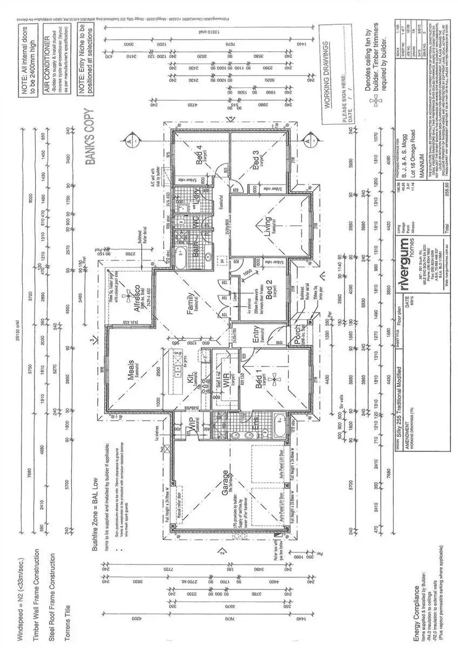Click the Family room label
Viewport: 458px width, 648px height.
pyautogui.click(x=191, y=303)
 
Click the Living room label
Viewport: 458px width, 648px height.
pyautogui.click(x=265, y=223)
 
